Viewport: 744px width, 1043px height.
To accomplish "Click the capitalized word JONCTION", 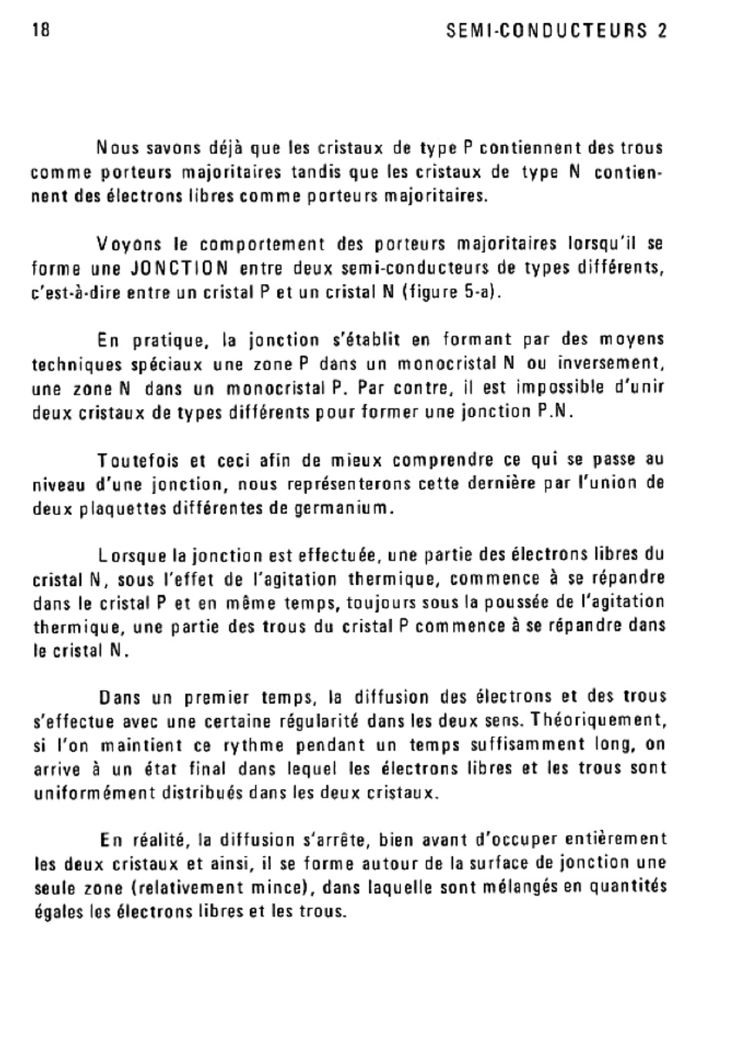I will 179,269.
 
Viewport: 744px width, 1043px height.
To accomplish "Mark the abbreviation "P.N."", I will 556,411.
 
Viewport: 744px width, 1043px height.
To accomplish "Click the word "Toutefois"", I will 140,461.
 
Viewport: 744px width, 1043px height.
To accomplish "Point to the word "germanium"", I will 344,509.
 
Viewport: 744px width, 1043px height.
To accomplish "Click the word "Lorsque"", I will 132,555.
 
